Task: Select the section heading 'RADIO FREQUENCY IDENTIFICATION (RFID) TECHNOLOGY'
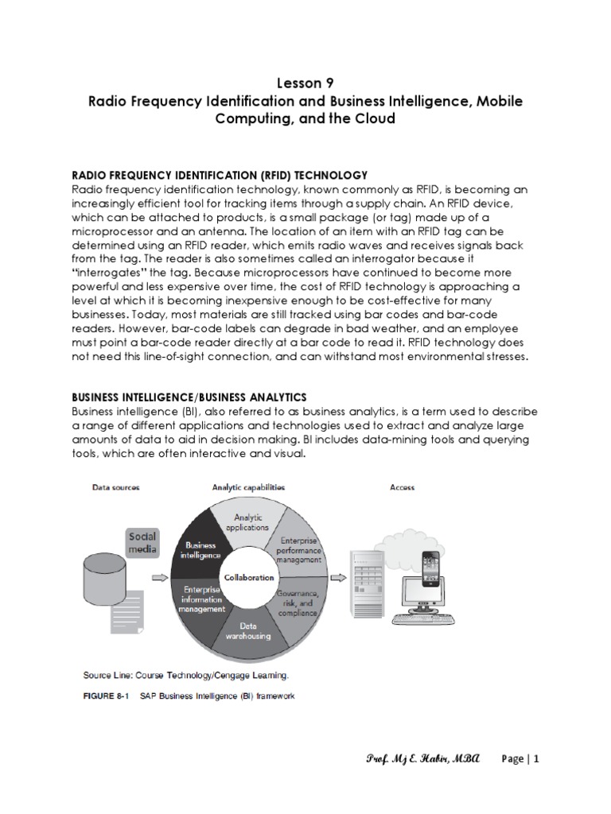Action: click(x=219, y=174)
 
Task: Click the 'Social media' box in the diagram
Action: click(x=143, y=543)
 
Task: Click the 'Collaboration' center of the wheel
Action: click(x=248, y=578)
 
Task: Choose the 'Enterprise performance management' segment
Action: click(x=295, y=548)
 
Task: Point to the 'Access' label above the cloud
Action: click(x=402, y=487)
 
